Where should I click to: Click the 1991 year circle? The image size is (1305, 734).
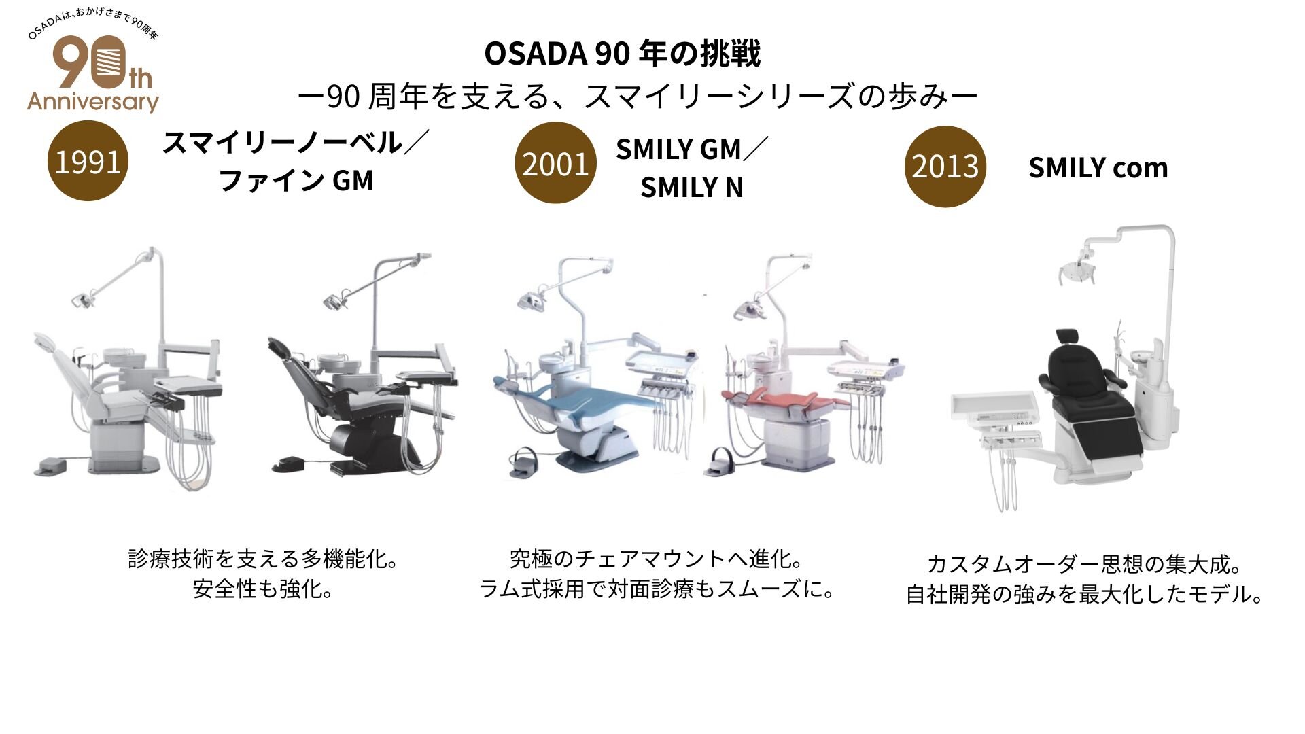coord(88,161)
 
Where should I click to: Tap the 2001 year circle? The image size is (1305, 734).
coord(555,163)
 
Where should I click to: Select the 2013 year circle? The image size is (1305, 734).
coord(945,166)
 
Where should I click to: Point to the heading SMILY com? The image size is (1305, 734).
coord(1098,167)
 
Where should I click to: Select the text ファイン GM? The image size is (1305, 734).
coord(296,181)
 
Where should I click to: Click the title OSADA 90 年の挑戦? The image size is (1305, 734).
coord(622,54)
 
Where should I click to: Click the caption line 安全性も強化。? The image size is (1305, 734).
coord(263,589)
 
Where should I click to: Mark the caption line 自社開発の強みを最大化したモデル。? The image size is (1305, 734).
coord(1085,594)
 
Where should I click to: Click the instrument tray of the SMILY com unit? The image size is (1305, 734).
coord(992,408)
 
